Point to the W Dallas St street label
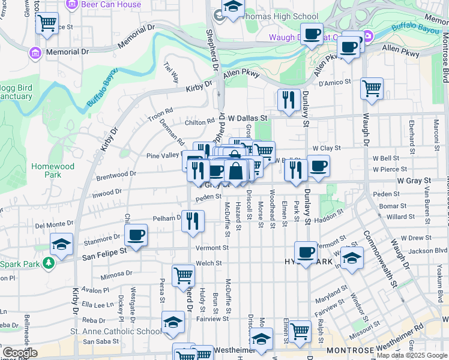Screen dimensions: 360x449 (x=247, y=119)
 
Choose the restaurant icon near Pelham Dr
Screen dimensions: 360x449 (x=193, y=221)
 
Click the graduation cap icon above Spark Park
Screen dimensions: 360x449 (x=61, y=244)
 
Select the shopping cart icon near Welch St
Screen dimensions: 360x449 (x=183, y=275)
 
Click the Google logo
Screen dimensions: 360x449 (x=19, y=353)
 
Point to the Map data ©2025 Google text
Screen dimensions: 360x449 (x=412, y=355)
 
